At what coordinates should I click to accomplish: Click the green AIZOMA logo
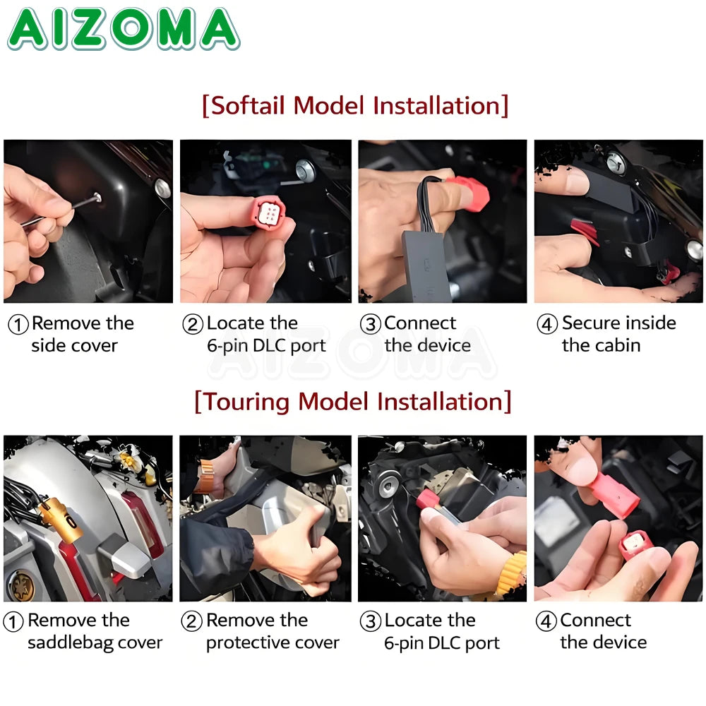pyautogui.click(x=124, y=28)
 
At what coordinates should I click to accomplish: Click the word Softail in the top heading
pyautogui.click(x=248, y=106)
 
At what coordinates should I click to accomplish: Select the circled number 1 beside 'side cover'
pyautogui.click(x=18, y=325)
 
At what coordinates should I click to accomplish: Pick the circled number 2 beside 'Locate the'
pyautogui.click(x=193, y=324)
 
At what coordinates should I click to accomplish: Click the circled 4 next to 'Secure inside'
pyautogui.click(x=547, y=324)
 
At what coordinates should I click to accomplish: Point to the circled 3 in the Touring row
pyautogui.click(x=371, y=621)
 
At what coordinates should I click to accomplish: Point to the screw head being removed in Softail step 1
pyautogui.click(x=97, y=197)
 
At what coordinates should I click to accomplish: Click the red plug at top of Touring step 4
pyautogui.click(x=616, y=496)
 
